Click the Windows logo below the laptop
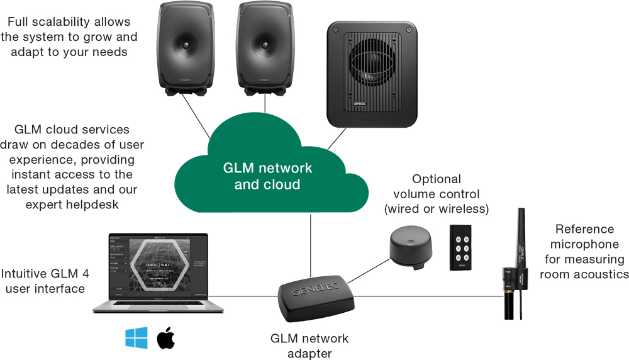(x=136, y=338)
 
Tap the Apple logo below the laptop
(x=166, y=338)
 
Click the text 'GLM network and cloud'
(x=267, y=176)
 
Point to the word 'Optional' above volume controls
(x=436, y=179)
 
